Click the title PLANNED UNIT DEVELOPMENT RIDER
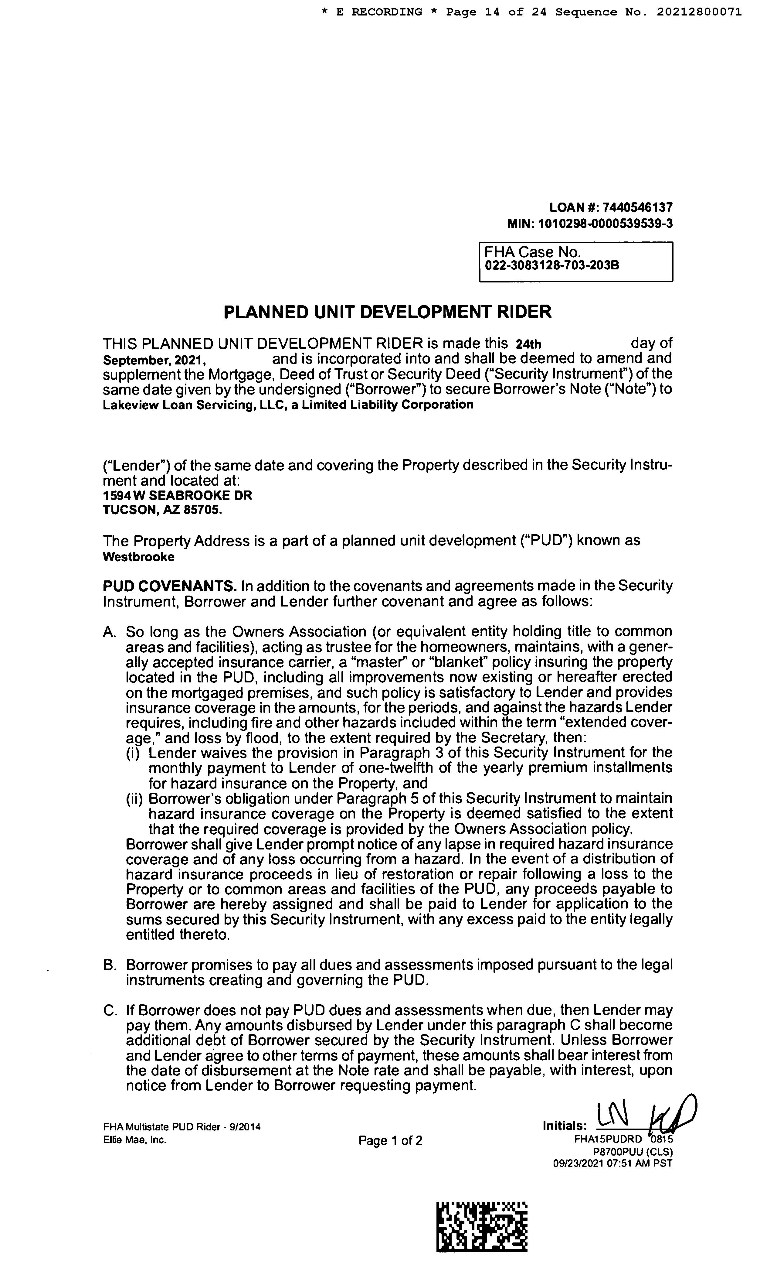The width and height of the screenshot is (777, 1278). click(387, 312)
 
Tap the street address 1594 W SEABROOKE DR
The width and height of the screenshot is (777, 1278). click(177, 495)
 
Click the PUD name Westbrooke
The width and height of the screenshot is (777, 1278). click(138, 557)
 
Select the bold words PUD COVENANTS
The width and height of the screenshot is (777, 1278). click(169, 586)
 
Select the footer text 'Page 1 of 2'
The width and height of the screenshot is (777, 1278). click(390, 1140)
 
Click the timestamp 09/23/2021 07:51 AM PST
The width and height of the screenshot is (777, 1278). click(612, 1164)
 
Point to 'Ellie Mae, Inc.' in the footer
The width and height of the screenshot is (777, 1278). click(135, 1140)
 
